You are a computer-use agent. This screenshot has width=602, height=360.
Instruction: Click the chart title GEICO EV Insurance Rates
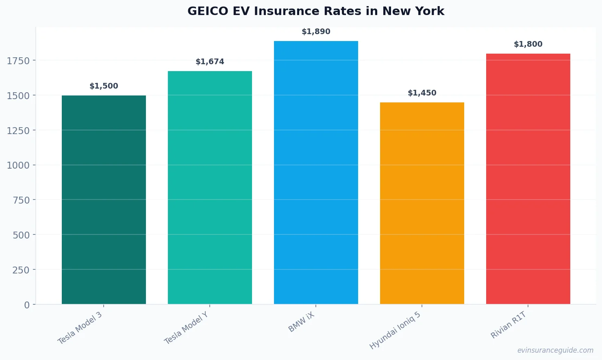point(315,11)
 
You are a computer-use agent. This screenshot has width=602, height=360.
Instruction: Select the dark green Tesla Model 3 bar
point(104,200)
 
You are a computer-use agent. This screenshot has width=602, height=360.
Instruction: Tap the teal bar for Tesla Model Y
point(210,187)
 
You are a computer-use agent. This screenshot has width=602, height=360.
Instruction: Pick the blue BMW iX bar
point(316,172)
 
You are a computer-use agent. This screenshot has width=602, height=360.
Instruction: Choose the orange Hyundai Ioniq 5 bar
point(422,203)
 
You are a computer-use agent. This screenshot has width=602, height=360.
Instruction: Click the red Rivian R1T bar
point(528,179)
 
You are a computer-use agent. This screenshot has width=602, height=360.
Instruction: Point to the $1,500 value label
point(104,86)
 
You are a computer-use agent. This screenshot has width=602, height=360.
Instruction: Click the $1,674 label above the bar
point(210,62)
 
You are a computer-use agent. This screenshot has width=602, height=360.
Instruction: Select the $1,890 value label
point(316,32)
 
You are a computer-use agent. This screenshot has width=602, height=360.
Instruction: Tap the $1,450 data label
point(422,93)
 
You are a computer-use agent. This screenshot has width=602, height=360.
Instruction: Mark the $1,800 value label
point(528,44)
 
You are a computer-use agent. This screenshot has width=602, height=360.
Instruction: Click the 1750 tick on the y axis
point(18,61)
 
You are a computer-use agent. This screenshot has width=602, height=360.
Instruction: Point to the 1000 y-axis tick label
point(18,165)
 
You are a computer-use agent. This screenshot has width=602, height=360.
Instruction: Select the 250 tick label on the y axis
point(21,270)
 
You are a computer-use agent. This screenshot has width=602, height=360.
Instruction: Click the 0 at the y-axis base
point(27,305)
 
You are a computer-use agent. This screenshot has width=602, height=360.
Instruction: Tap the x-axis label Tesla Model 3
point(80,328)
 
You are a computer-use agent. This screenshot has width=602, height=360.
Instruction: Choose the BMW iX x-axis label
point(302,322)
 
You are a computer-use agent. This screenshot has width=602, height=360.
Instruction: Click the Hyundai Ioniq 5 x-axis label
point(395,330)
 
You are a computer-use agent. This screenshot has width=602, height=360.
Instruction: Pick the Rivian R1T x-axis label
point(509,325)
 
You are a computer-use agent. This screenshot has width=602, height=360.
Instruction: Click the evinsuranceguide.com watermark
point(555,350)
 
